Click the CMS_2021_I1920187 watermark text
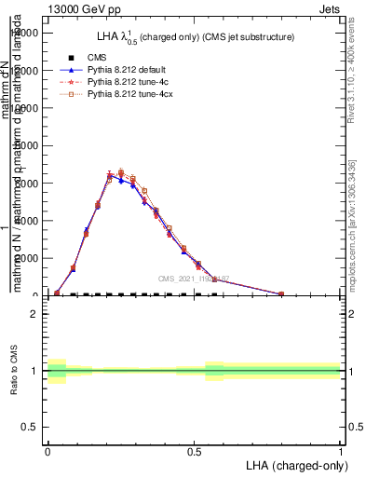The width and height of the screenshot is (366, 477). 193,279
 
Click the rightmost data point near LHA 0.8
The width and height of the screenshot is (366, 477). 281,293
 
